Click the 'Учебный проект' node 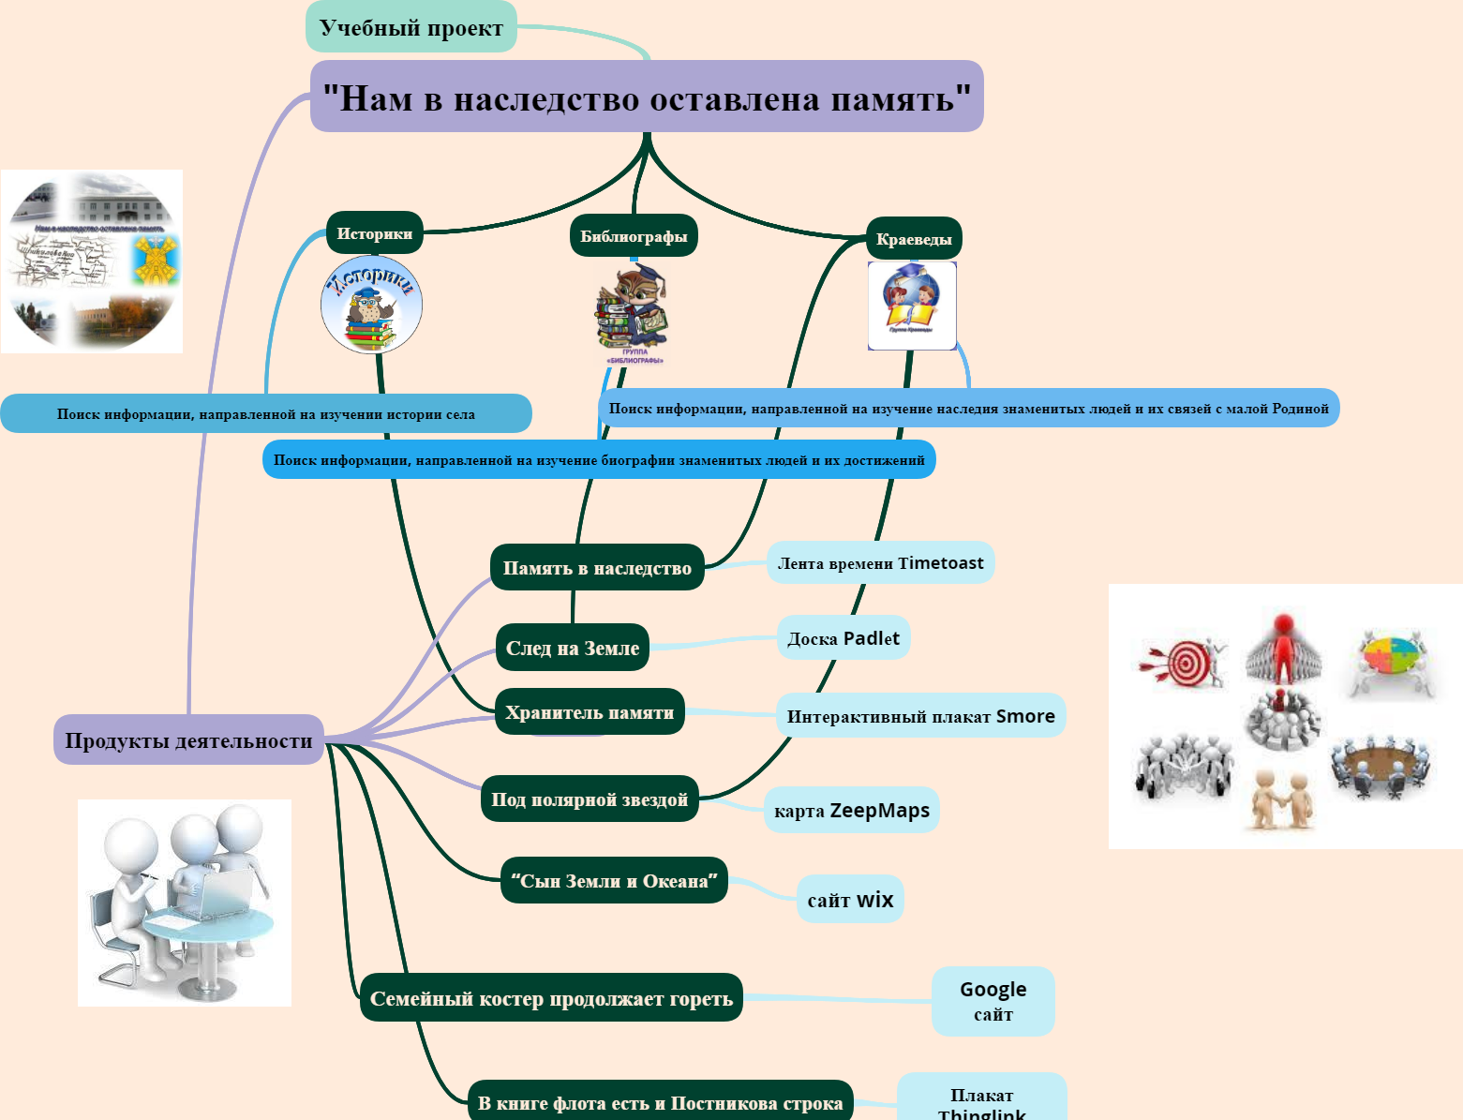click(x=411, y=27)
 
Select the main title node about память click(x=647, y=97)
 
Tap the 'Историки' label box click(x=375, y=233)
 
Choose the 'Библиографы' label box click(x=634, y=236)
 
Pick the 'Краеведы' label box click(x=914, y=239)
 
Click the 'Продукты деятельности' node click(x=188, y=740)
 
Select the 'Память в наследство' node click(x=597, y=567)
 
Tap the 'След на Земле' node click(x=573, y=648)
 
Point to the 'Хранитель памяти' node click(x=590, y=712)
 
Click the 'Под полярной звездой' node click(x=590, y=799)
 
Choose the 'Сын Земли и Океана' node click(x=614, y=881)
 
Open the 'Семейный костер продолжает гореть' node click(x=551, y=998)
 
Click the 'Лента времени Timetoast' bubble click(x=880, y=562)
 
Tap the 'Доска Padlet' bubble click(x=843, y=638)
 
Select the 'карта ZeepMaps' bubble click(x=852, y=811)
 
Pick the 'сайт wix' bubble click(x=850, y=900)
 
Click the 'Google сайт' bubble click(x=993, y=1001)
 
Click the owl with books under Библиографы click(x=632, y=309)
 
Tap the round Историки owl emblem click(x=372, y=305)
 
